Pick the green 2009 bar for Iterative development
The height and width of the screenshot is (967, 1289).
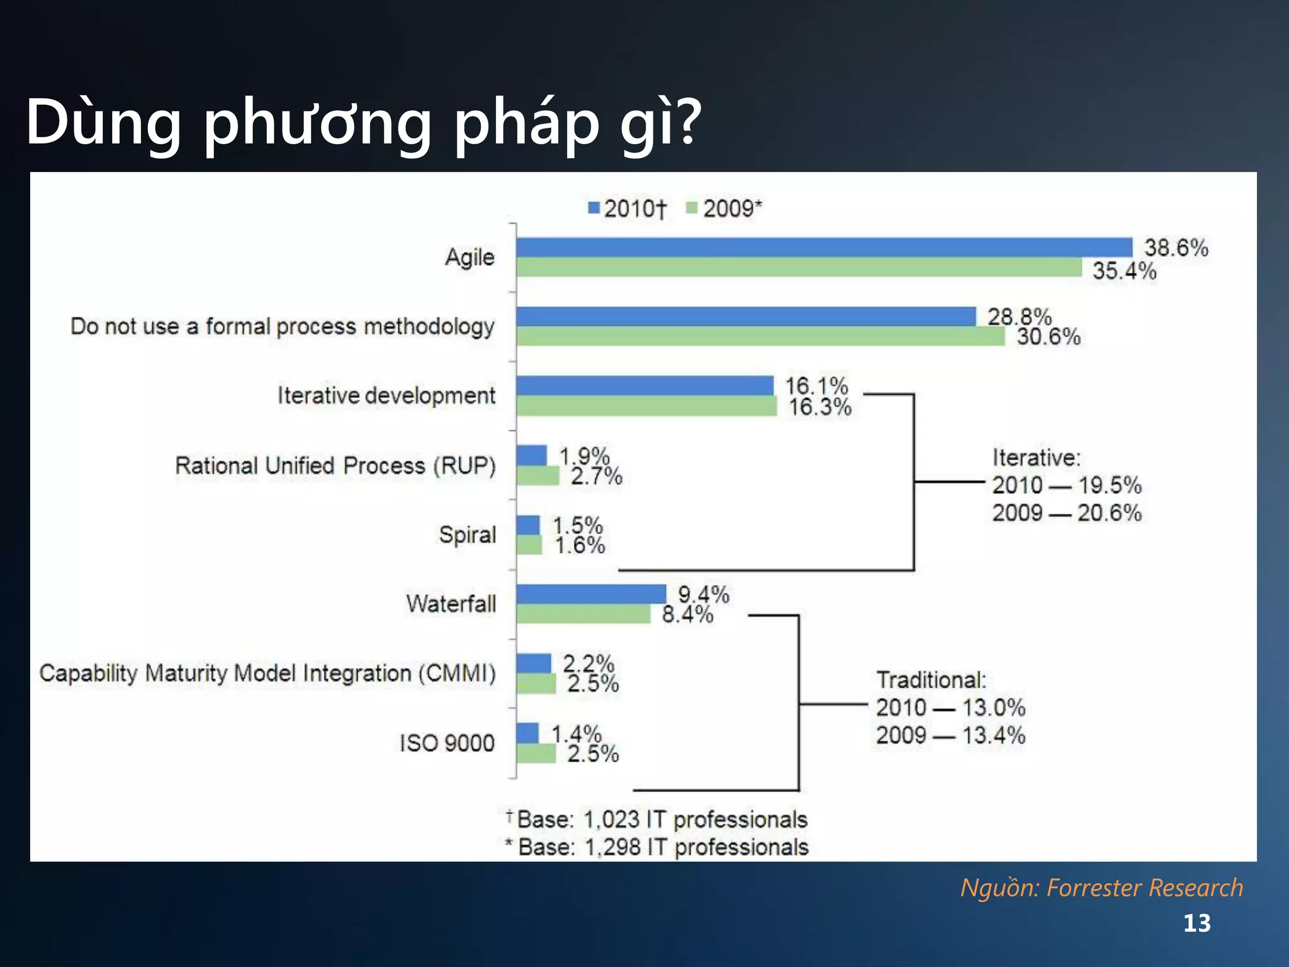coord(646,406)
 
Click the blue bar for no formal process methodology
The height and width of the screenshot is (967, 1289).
coord(745,317)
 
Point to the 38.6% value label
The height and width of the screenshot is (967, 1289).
coord(1176,248)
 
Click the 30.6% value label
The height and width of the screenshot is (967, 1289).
coord(1049,337)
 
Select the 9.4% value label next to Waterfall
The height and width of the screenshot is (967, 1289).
coord(703,594)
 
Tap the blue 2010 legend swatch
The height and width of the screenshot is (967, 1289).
coord(593,208)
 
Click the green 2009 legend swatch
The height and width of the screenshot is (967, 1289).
coord(692,208)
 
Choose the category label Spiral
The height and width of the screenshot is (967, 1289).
coord(467,534)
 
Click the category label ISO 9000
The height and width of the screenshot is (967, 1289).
coord(447,743)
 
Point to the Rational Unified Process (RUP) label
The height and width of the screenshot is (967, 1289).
coord(335,466)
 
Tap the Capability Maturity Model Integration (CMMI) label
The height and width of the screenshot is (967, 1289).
coord(267,673)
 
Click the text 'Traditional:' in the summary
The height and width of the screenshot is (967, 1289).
coord(931,680)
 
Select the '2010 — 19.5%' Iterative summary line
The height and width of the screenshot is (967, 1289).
coord(1066,485)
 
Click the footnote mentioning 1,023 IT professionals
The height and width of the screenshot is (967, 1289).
coord(661,820)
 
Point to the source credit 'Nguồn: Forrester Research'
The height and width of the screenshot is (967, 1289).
coord(1101,888)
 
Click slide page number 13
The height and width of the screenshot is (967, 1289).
coord(1196,924)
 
